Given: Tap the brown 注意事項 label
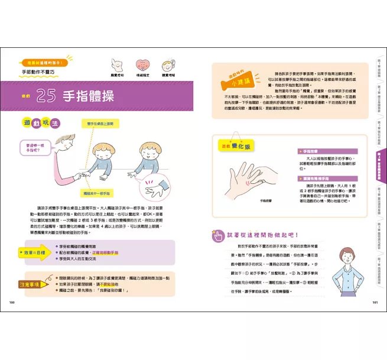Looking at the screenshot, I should click(28, 284).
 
